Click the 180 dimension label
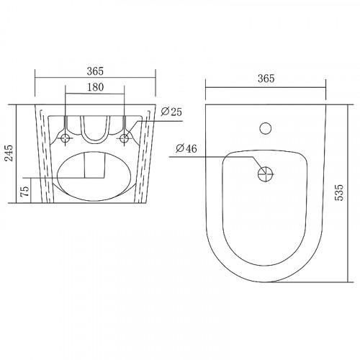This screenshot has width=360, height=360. (x=96, y=87)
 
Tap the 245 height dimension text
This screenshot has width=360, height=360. (x=9, y=153)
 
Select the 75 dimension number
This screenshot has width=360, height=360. (x=25, y=191)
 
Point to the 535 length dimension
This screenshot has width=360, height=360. (x=339, y=192)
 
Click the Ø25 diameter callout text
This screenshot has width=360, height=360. (x=171, y=112)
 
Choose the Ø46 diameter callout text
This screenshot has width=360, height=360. (x=186, y=149)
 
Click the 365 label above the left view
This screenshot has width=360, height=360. (x=95, y=71)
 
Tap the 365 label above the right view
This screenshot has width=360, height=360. (x=266, y=78)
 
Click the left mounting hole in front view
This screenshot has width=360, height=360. (x=66, y=138)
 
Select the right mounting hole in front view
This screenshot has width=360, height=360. (x=124, y=138)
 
